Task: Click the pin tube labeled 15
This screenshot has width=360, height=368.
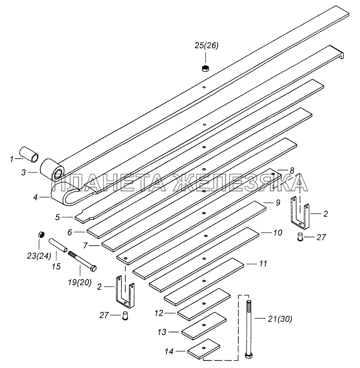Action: tap(58, 245)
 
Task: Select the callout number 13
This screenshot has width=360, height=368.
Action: tap(162, 332)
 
